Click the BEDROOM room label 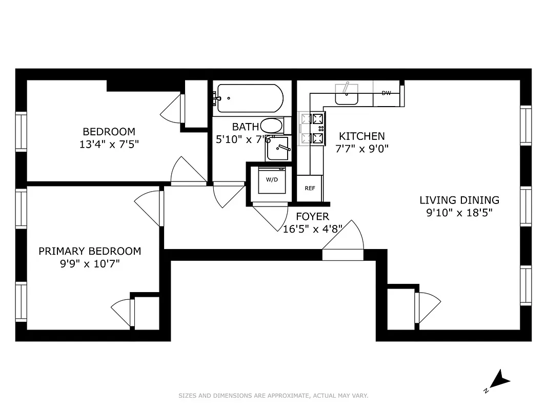click(109, 132)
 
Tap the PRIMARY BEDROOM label click(90, 251)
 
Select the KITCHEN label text click(361, 136)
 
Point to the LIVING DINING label click(459, 200)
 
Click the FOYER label click(312, 217)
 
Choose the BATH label click(242, 127)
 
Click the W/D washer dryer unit click(271, 180)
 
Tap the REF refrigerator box click(310, 188)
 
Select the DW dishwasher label click(386, 93)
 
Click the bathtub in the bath click(249, 98)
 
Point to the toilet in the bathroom click(272, 126)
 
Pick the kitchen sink click(347, 94)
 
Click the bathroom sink click(277, 149)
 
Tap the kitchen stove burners click(313, 128)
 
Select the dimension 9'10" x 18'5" click(459, 213)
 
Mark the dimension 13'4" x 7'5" click(109, 145)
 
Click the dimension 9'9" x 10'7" click(90, 264)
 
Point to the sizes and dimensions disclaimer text click(273, 396)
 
